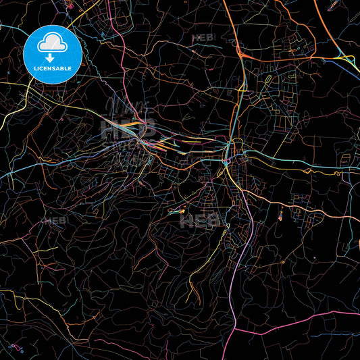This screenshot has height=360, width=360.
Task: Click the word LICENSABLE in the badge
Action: pyautogui.click(x=52, y=67)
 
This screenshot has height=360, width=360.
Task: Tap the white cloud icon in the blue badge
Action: pyautogui.click(x=52, y=45)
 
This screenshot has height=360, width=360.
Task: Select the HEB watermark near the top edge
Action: pyautogui.click(x=202, y=38)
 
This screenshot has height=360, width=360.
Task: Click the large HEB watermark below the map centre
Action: pyautogui.click(x=199, y=220)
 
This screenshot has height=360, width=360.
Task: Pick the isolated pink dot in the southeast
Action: pyautogui.click(x=313, y=258)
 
